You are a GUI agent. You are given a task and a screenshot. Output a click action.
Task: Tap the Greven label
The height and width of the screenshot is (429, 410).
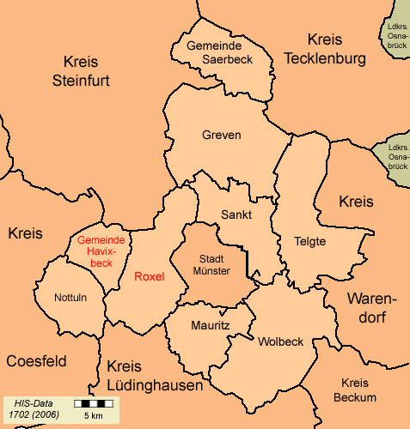point(221,136)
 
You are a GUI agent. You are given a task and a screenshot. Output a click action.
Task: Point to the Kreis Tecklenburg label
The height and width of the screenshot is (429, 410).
point(324,49)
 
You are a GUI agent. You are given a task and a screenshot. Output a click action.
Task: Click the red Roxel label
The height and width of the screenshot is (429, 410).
point(149,276)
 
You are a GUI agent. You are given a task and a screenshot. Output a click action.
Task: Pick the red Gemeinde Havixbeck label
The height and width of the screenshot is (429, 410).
point(101,251)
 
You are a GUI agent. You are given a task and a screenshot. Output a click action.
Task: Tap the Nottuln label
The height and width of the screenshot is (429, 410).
point(58,299)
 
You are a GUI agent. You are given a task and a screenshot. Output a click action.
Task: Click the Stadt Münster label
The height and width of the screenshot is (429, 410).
point(212,264)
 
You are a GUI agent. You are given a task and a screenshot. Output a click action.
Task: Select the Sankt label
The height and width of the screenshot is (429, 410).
point(236,214)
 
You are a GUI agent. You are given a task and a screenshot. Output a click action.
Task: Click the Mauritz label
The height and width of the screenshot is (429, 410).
point(210,326)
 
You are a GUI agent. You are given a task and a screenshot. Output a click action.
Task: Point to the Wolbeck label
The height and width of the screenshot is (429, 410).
point(280,341)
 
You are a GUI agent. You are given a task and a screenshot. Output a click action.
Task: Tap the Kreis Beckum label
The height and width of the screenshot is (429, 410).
point(357,390)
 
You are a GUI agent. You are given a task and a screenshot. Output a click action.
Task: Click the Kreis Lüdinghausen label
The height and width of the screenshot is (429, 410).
point(156,376)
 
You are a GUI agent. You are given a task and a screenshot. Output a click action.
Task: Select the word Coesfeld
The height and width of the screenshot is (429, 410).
point(36,361)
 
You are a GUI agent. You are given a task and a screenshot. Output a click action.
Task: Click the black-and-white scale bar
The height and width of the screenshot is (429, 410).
point(94,402)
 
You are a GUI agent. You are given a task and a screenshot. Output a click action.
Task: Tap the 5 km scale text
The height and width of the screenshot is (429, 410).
point(94,416)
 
